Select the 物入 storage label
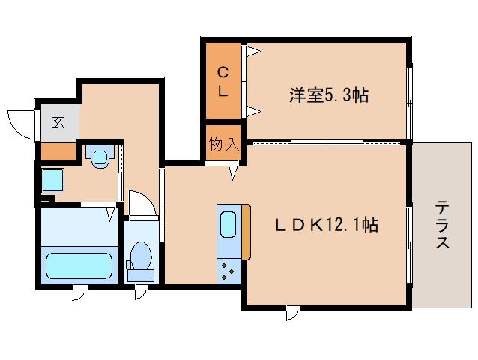point(223,144)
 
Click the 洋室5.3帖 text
point(329,95)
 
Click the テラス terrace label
point(443,224)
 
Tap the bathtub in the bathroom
point(79,265)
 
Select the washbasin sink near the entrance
point(100,158)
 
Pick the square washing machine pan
point(53,181)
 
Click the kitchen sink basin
point(229,223)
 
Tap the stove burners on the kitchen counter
point(229,269)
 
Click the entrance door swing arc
point(20,124)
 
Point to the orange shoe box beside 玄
point(58,151)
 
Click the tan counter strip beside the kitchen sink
point(245,232)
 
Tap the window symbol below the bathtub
point(78,293)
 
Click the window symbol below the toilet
point(140,292)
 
